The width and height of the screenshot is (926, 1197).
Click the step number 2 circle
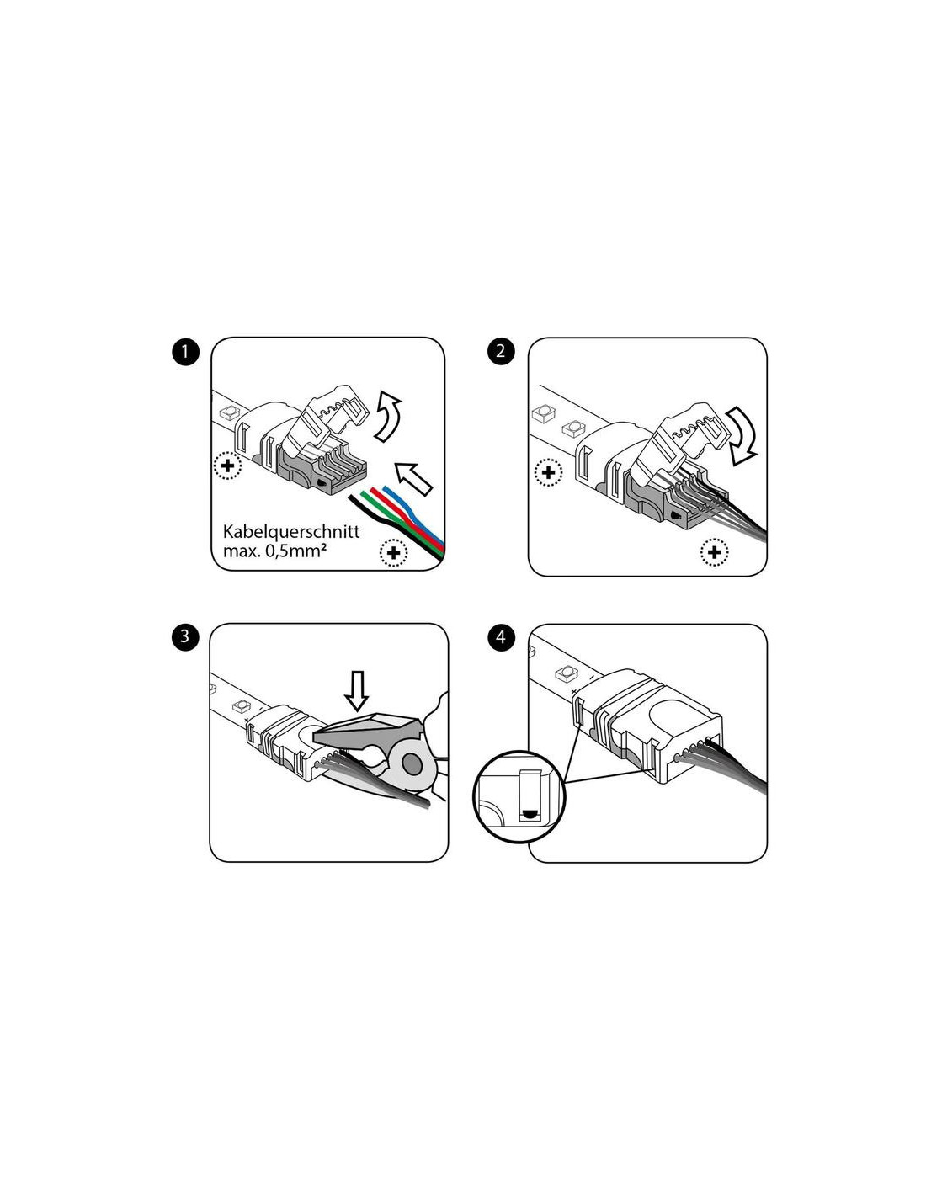click(501, 351)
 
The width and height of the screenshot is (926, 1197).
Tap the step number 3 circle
click(184, 636)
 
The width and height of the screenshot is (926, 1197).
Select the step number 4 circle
click(501, 637)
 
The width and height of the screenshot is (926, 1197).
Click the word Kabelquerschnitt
click(291, 532)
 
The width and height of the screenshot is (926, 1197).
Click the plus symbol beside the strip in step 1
click(227, 466)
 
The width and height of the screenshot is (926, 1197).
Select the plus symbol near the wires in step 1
click(393, 552)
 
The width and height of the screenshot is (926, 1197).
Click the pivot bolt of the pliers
click(411, 763)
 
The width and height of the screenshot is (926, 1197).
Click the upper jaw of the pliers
click(367, 727)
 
